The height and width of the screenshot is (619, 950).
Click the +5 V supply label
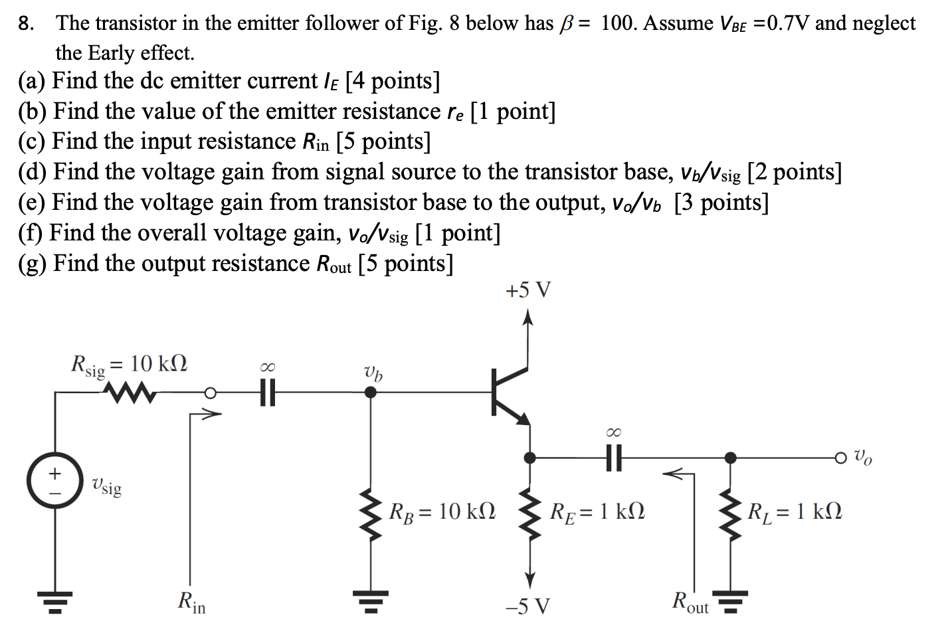pos(528,290)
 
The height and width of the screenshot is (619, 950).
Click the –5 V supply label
pos(527,606)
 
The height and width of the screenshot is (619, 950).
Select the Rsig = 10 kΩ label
pos(129,365)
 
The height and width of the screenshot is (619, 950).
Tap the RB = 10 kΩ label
pos(442,511)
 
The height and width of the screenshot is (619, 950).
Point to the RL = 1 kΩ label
pos(795,511)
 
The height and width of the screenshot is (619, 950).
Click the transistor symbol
pos(510,393)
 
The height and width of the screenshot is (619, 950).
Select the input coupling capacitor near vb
pos(267,393)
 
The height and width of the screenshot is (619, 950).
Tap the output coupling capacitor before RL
pos(615,458)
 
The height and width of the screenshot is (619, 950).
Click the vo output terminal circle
pos(842,458)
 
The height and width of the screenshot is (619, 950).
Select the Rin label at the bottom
pos(192,602)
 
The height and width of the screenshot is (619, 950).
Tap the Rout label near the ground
pos(690,602)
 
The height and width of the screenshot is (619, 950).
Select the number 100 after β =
pos(618,23)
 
